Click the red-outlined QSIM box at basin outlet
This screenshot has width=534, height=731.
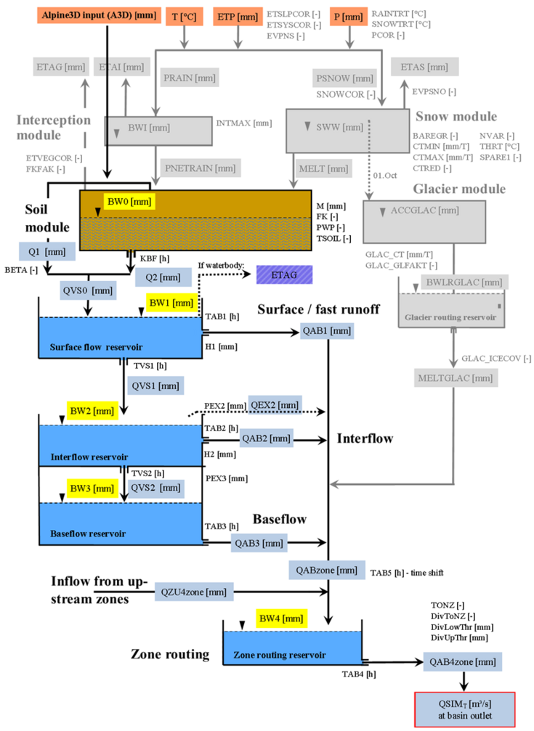(464, 709)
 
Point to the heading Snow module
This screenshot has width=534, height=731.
(456, 116)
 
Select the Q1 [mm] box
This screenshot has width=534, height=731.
(42, 252)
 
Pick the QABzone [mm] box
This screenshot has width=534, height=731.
(326, 570)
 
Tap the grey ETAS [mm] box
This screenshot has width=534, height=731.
(425, 67)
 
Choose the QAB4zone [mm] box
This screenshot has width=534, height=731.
(463, 662)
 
